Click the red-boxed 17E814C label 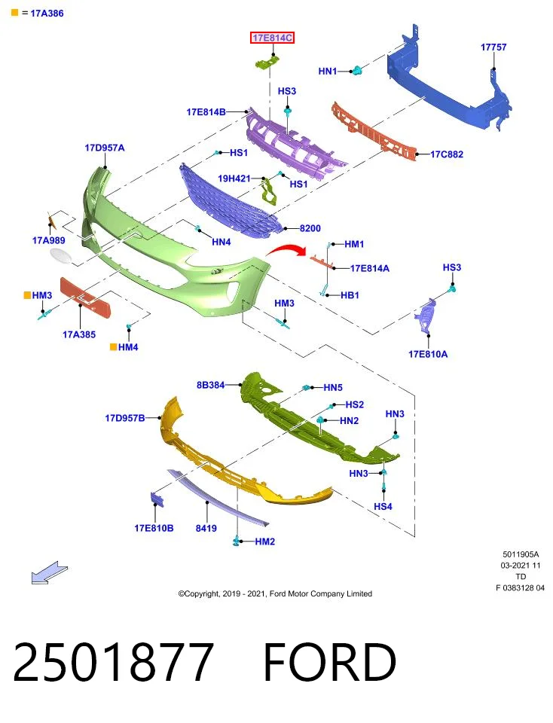(x=272, y=38)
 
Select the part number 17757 (x=493, y=47)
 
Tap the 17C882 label (x=447, y=154)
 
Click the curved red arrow (x=286, y=249)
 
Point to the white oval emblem (x=61, y=256)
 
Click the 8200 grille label (x=310, y=228)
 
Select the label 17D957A (x=105, y=148)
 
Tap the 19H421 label (x=234, y=178)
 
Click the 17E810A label (x=428, y=354)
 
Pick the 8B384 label (x=210, y=385)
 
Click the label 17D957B (x=125, y=418)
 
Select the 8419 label (x=206, y=529)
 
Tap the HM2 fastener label (x=265, y=541)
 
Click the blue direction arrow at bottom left (x=50, y=572)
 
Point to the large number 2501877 (x=114, y=662)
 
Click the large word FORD (x=330, y=662)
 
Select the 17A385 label (x=79, y=334)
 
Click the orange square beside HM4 (x=113, y=346)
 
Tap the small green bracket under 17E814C (x=268, y=61)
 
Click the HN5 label (x=333, y=388)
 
